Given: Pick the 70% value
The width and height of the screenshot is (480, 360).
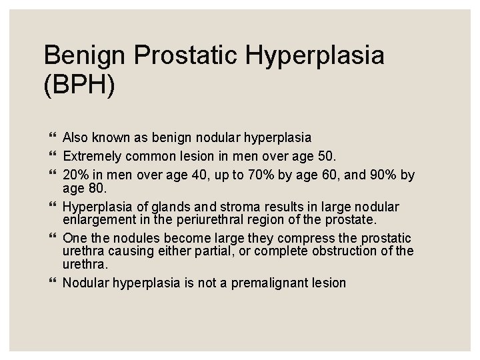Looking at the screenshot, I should (x=248, y=175).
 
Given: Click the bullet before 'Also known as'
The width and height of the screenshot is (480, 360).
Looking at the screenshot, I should (x=53, y=138).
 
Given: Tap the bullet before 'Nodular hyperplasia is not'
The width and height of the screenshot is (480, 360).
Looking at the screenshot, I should (x=53, y=282).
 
